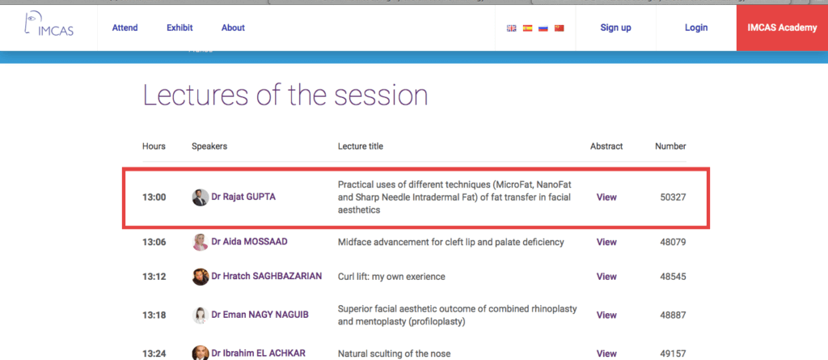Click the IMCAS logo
coord(49,24)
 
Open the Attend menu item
coord(125,28)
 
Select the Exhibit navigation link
coord(180,28)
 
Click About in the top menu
coord(233,28)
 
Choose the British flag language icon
coord(511,28)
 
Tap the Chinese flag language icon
coord(560,28)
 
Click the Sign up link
coord(615,28)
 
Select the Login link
coord(696,28)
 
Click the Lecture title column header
coord(361,146)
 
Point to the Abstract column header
coord(606,146)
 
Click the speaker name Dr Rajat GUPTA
coord(243,197)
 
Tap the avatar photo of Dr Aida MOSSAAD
coord(201,242)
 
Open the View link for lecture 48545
coord(606,277)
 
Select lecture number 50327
coord(673,197)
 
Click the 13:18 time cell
coord(154,315)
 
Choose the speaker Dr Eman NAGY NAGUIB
coord(260,315)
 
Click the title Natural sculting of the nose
coord(394,354)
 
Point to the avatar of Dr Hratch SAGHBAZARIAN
coord(201,277)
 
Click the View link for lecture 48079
coord(606,242)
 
